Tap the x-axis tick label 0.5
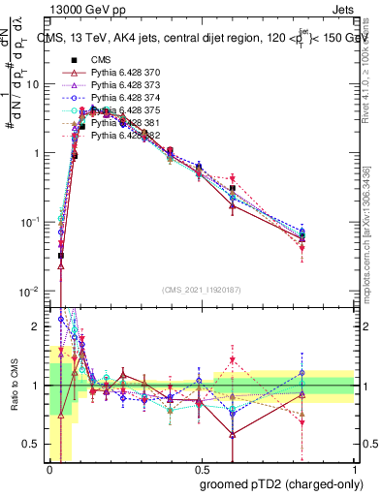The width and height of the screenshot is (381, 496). tap(202, 468)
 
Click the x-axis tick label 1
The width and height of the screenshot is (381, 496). tap(354, 468)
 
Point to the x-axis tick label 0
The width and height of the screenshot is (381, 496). tap(50, 468)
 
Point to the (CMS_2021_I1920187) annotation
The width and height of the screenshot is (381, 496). tap(202, 290)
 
